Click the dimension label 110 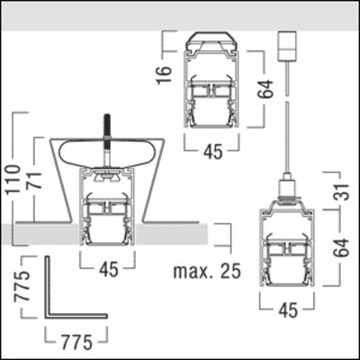pyautogui.click(x=13, y=180)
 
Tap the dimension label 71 pyautogui.click(x=33, y=180)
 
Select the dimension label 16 pyautogui.click(x=165, y=75)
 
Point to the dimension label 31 pyautogui.click(x=342, y=192)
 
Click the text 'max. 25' pyautogui.click(x=207, y=271)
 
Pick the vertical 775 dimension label pyautogui.click(x=23, y=286)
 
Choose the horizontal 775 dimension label pyautogui.click(x=76, y=342)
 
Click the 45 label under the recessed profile pyautogui.click(x=109, y=270)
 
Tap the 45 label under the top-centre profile pyautogui.click(x=212, y=152)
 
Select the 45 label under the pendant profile pyautogui.click(x=288, y=310)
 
